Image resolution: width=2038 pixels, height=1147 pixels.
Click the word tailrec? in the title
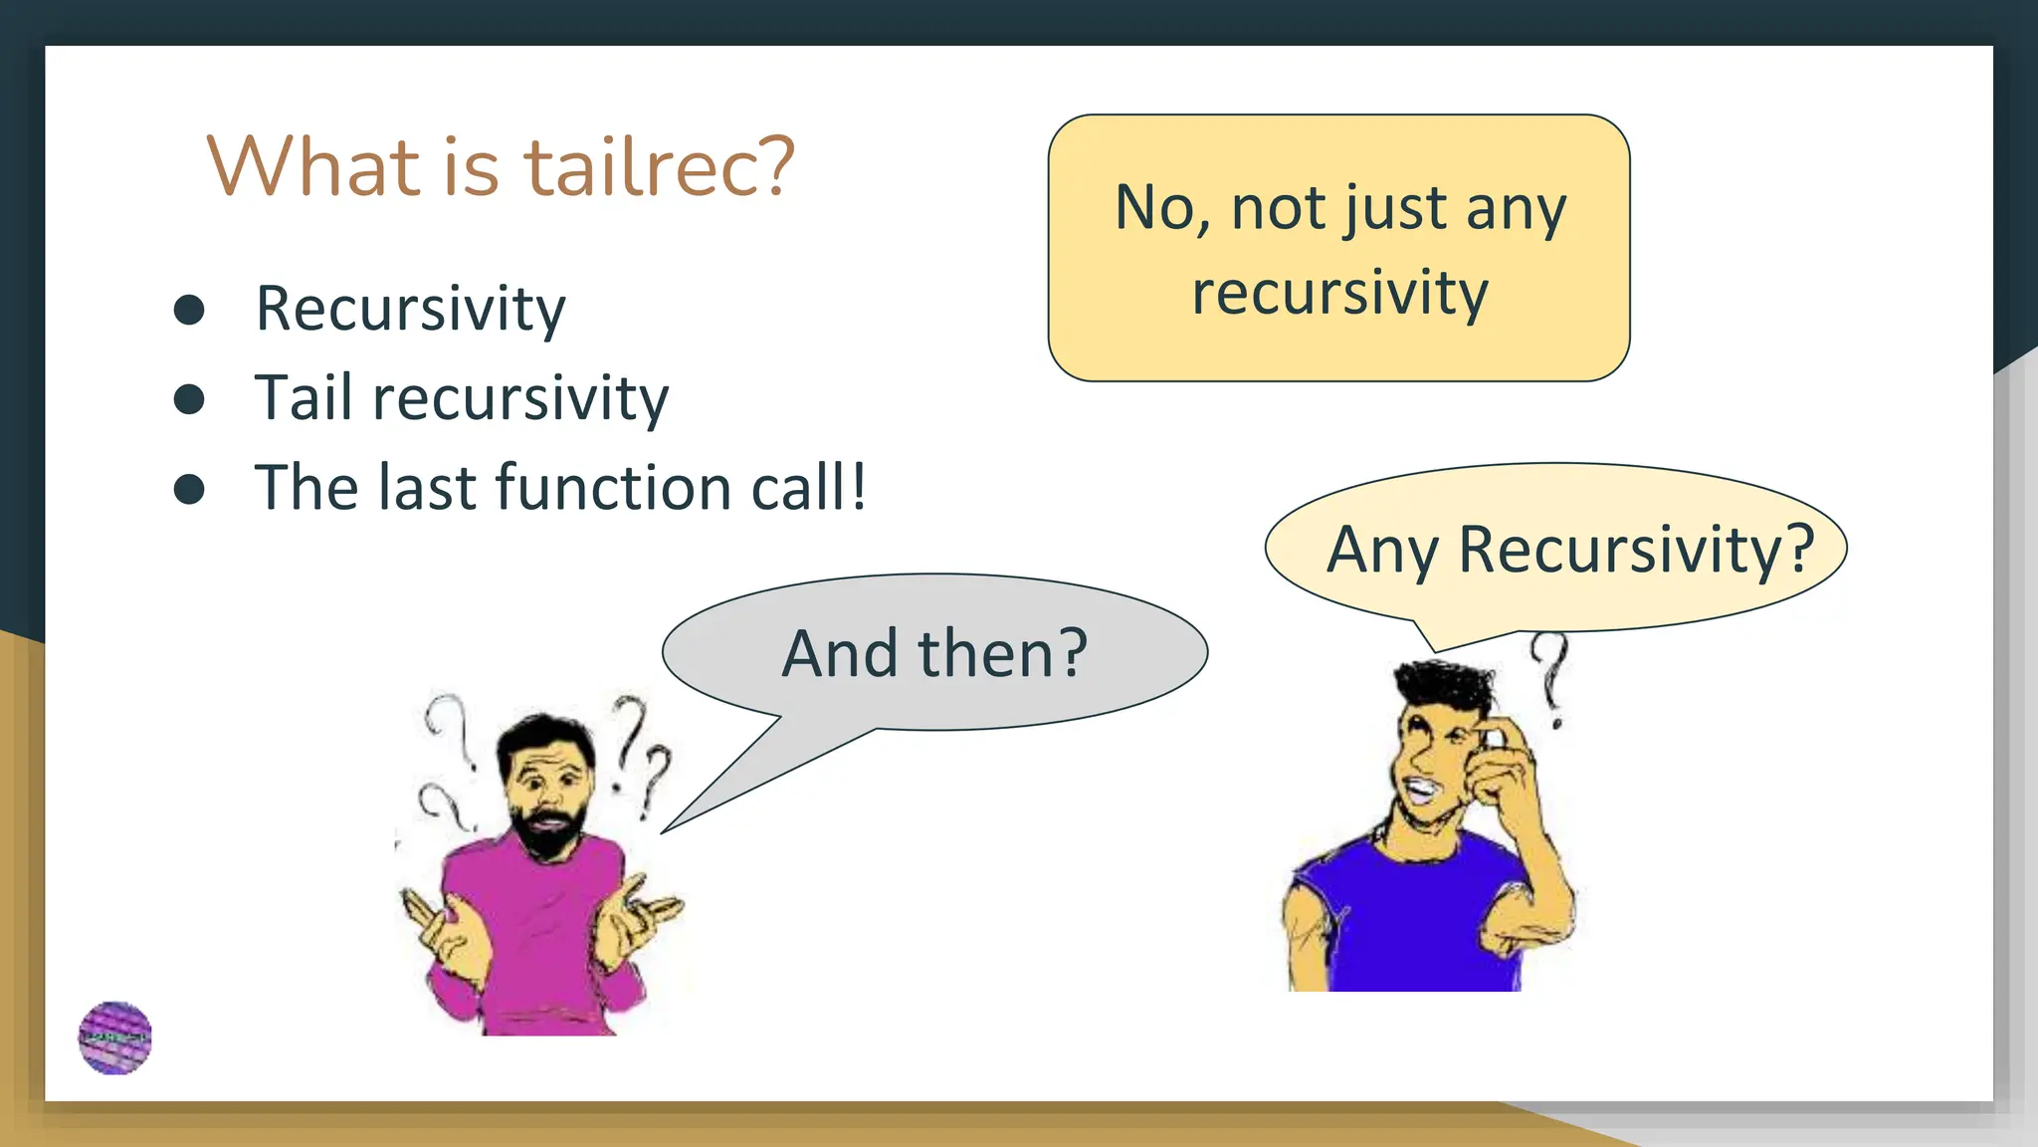click(x=659, y=166)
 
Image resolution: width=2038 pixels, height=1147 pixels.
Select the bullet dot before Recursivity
click(x=189, y=310)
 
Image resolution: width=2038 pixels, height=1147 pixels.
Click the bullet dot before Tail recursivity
click(x=189, y=399)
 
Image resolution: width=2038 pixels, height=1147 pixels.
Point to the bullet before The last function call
click(x=189, y=489)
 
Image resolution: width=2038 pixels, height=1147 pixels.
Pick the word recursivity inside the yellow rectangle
click(x=1339, y=294)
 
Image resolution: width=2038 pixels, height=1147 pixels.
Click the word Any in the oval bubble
click(x=1382, y=551)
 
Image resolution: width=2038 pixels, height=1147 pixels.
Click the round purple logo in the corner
click(x=115, y=1038)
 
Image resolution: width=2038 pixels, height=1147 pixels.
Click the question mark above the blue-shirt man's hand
click(x=1550, y=677)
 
